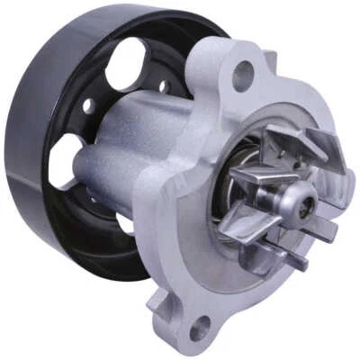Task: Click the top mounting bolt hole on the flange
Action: tap(242, 76)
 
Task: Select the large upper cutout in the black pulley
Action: tap(125, 63)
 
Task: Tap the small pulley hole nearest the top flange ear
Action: tap(162, 87)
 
